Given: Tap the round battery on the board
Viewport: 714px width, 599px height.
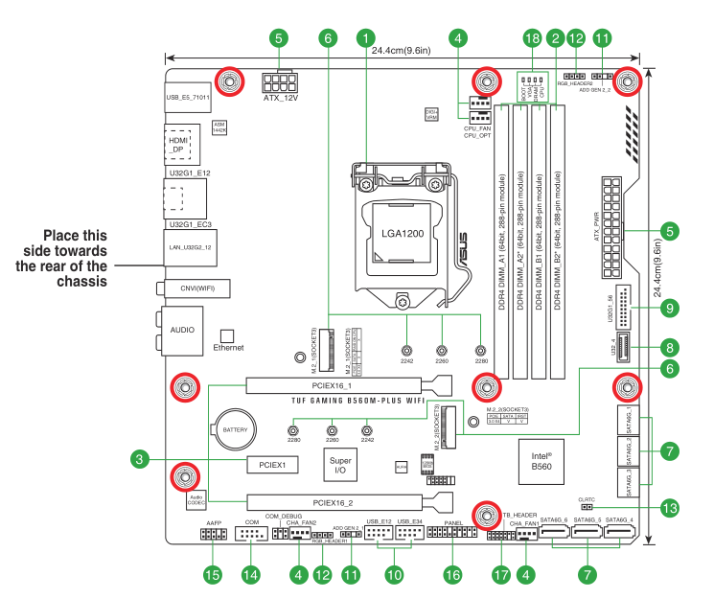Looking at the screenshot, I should [235, 431].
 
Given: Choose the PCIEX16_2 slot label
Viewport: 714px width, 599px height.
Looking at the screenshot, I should [333, 502].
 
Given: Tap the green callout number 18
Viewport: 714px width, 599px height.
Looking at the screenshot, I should [532, 38].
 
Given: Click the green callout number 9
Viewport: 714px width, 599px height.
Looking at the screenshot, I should [670, 308].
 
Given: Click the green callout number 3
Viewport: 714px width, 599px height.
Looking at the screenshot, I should [141, 460].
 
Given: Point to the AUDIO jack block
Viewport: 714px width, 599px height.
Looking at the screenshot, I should [182, 329].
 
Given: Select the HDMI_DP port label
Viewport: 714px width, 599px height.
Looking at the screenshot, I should [178, 145].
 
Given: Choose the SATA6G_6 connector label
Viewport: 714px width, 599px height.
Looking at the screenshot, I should [554, 520].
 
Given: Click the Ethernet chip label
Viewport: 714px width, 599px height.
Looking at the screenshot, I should [228, 348].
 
